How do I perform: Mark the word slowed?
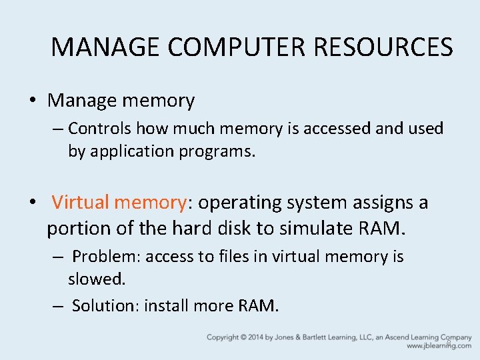(96, 279)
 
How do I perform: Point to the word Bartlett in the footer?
(324, 337)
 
